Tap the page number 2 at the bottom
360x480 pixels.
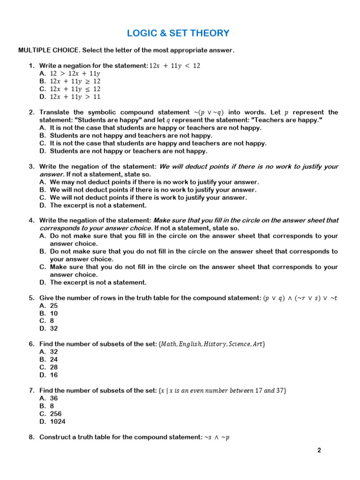coord(319,450)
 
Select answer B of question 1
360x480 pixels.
coord(70,81)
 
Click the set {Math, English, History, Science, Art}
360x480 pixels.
coord(212,345)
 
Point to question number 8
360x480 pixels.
coord(32,437)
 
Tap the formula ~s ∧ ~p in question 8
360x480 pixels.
coord(217,437)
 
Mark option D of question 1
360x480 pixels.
coord(70,97)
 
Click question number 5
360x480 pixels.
coord(32,298)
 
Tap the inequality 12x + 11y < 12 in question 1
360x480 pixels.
coord(174,66)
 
